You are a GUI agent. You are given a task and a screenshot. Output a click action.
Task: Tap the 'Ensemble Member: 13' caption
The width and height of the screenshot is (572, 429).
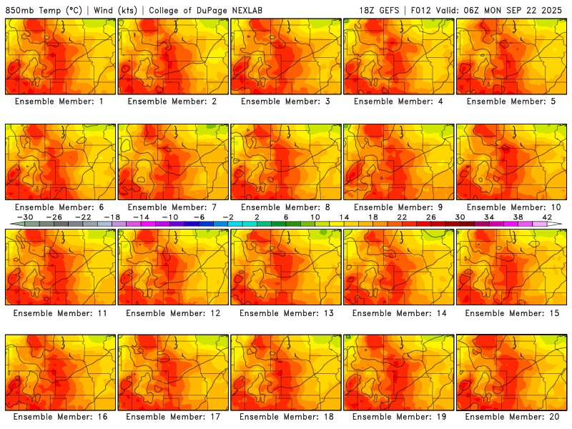[x=287, y=313]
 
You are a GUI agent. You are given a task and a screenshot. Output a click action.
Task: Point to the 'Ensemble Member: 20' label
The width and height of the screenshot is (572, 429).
[x=513, y=416]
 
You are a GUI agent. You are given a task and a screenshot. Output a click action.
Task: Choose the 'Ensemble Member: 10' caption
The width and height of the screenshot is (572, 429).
[x=513, y=207]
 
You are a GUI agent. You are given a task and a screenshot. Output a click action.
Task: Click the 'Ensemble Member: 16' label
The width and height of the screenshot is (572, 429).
[x=60, y=416]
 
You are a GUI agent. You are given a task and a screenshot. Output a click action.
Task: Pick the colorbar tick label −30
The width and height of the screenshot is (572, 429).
[x=25, y=217]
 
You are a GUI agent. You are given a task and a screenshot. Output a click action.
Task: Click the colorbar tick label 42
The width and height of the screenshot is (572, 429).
[x=547, y=217]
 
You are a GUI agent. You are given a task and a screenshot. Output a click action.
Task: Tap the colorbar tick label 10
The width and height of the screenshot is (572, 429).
[x=315, y=217]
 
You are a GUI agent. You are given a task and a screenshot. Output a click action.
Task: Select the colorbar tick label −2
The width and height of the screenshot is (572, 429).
[x=227, y=217]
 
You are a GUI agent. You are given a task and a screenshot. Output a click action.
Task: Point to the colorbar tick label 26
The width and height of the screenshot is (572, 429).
[x=431, y=217]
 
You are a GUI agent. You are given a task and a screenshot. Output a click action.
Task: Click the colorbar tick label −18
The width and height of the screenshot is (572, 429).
[x=112, y=217]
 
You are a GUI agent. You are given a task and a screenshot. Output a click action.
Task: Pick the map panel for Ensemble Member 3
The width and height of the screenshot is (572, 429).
[x=286, y=56]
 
